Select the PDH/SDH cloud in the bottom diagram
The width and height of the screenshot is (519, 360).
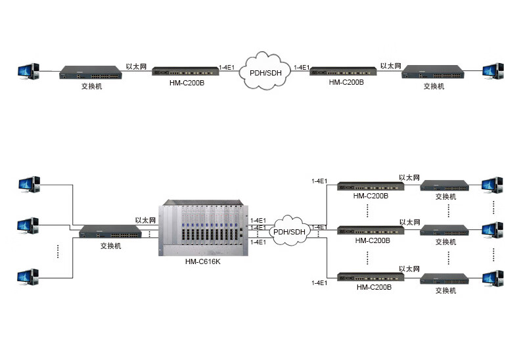click(289, 230)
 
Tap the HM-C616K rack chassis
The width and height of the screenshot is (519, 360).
click(203, 226)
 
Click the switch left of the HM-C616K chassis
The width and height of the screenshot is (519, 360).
click(109, 233)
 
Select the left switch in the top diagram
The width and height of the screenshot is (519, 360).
click(89, 72)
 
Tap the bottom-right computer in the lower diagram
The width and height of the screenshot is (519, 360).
click(492, 279)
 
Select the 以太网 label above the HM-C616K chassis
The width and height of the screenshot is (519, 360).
click(145, 220)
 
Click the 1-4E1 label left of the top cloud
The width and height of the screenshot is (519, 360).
click(227, 67)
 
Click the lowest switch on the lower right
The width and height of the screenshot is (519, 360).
click(445, 279)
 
